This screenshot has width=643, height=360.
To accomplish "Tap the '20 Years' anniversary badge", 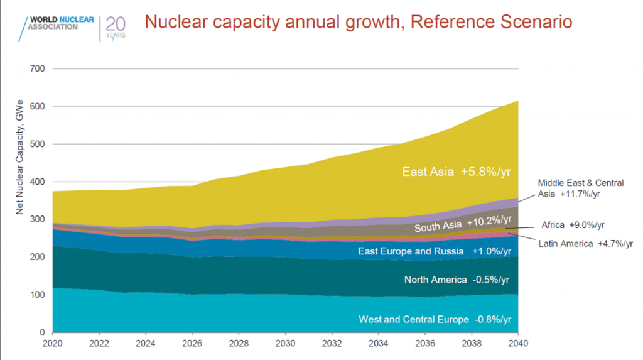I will pyautogui.click(x=116, y=26).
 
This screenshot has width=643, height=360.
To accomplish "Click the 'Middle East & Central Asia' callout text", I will pyautogui.click(x=581, y=188).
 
